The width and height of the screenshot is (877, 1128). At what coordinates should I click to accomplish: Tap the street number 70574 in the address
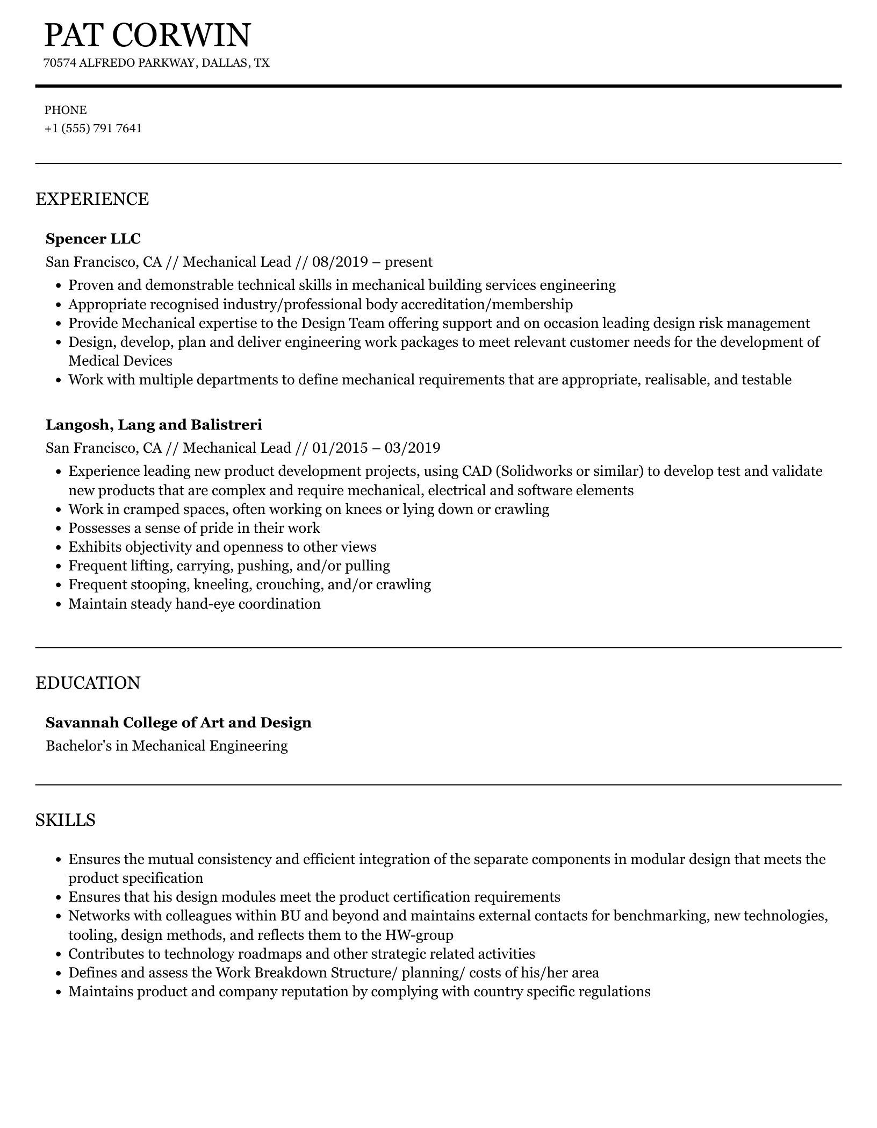tap(60, 63)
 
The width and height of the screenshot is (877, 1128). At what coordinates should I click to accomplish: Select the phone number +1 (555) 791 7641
tap(94, 128)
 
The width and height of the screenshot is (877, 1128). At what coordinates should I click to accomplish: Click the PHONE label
tap(66, 110)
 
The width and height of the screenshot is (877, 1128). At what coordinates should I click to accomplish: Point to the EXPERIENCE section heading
tap(92, 199)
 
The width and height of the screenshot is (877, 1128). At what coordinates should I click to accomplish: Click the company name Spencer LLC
tap(93, 238)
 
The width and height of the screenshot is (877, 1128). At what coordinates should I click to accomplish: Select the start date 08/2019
tap(340, 262)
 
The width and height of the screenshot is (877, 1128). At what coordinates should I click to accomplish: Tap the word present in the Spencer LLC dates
tap(408, 262)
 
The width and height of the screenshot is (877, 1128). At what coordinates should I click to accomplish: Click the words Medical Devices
tap(120, 361)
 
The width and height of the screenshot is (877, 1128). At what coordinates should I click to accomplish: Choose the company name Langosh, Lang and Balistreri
tap(154, 425)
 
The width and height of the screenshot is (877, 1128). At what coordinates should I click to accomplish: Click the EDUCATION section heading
tap(88, 683)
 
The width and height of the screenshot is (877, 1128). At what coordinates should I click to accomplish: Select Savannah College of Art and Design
tap(178, 722)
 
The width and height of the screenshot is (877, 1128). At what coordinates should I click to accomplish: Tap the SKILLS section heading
tap(66, 820)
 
